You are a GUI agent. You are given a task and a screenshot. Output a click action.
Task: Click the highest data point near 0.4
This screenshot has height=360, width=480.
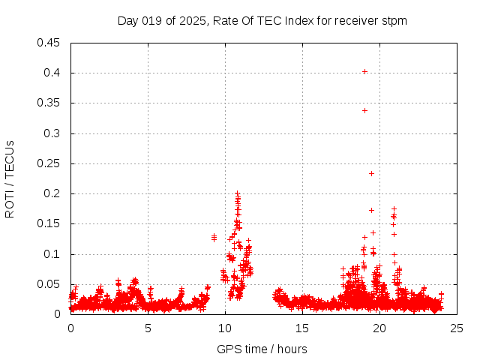tap(364, 71)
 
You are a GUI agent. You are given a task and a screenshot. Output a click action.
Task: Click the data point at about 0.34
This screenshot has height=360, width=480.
tap(364, 110)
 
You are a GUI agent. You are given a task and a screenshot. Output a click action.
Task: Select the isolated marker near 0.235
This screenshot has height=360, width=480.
tap(371, 173)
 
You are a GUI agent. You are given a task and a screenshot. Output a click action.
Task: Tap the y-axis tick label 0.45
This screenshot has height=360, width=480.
tap(50, 43)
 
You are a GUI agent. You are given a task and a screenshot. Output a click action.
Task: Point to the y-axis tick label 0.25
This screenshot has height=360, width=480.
tap(50, 163)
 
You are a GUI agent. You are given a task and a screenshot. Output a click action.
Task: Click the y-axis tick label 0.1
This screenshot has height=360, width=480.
tap(53, 254)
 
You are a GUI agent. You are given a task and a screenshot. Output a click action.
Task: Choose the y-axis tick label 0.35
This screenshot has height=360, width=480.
tap(50, 103)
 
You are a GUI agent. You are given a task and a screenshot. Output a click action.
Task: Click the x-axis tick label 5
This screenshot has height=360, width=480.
tap(148, 328)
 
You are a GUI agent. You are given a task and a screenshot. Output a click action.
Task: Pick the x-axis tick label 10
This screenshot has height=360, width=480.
tap(226, 328)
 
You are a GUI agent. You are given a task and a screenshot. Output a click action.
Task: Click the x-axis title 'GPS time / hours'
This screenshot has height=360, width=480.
tap(262, 349)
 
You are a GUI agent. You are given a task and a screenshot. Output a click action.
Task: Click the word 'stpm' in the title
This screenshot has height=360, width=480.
tap(394, 20)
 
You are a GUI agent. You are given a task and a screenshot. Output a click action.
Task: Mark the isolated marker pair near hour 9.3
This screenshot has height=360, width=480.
tap(214, 237)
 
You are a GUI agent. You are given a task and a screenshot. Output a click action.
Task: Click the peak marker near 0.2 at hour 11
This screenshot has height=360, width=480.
tap(237, 193)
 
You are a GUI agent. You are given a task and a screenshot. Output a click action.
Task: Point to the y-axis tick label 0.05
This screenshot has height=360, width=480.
tap(50, 284)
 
